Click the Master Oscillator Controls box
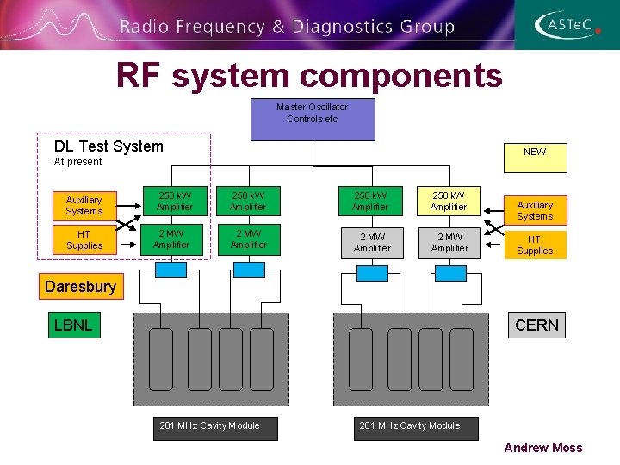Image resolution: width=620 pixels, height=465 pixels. click(x=313, y=120)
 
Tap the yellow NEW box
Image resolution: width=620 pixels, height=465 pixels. click(x=534, y=152)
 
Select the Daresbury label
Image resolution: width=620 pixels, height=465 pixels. click(x=80, y=287)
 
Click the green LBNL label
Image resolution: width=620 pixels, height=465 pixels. click(x=72, y=325)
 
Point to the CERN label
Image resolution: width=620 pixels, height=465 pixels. click(x=536, y=325)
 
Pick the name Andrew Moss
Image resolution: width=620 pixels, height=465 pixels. click(x=542, y=448)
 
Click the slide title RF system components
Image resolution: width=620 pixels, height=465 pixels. click(x=310, y=76)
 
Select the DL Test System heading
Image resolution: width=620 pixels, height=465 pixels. click(x=108, y=146)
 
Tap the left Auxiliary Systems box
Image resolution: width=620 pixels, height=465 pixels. click(x=84, y=205)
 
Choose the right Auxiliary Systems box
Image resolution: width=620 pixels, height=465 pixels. click(x=535, y=210)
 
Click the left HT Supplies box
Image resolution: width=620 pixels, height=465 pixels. click(x=84, y=240)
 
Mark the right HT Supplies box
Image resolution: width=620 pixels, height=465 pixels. click(x=535, y=245)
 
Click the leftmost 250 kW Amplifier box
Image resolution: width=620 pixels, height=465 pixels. click(x=170, y=201)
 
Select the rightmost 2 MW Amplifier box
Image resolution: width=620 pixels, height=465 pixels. click(x=449, y=242)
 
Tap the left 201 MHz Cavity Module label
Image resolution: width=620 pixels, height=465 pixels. click(x=215, y=426)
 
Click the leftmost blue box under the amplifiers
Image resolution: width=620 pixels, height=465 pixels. click(x=170, y=270)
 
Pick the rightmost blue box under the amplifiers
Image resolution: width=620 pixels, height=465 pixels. click(x=450, y=273)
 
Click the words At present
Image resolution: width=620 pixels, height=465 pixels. click(x=77, y=162)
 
